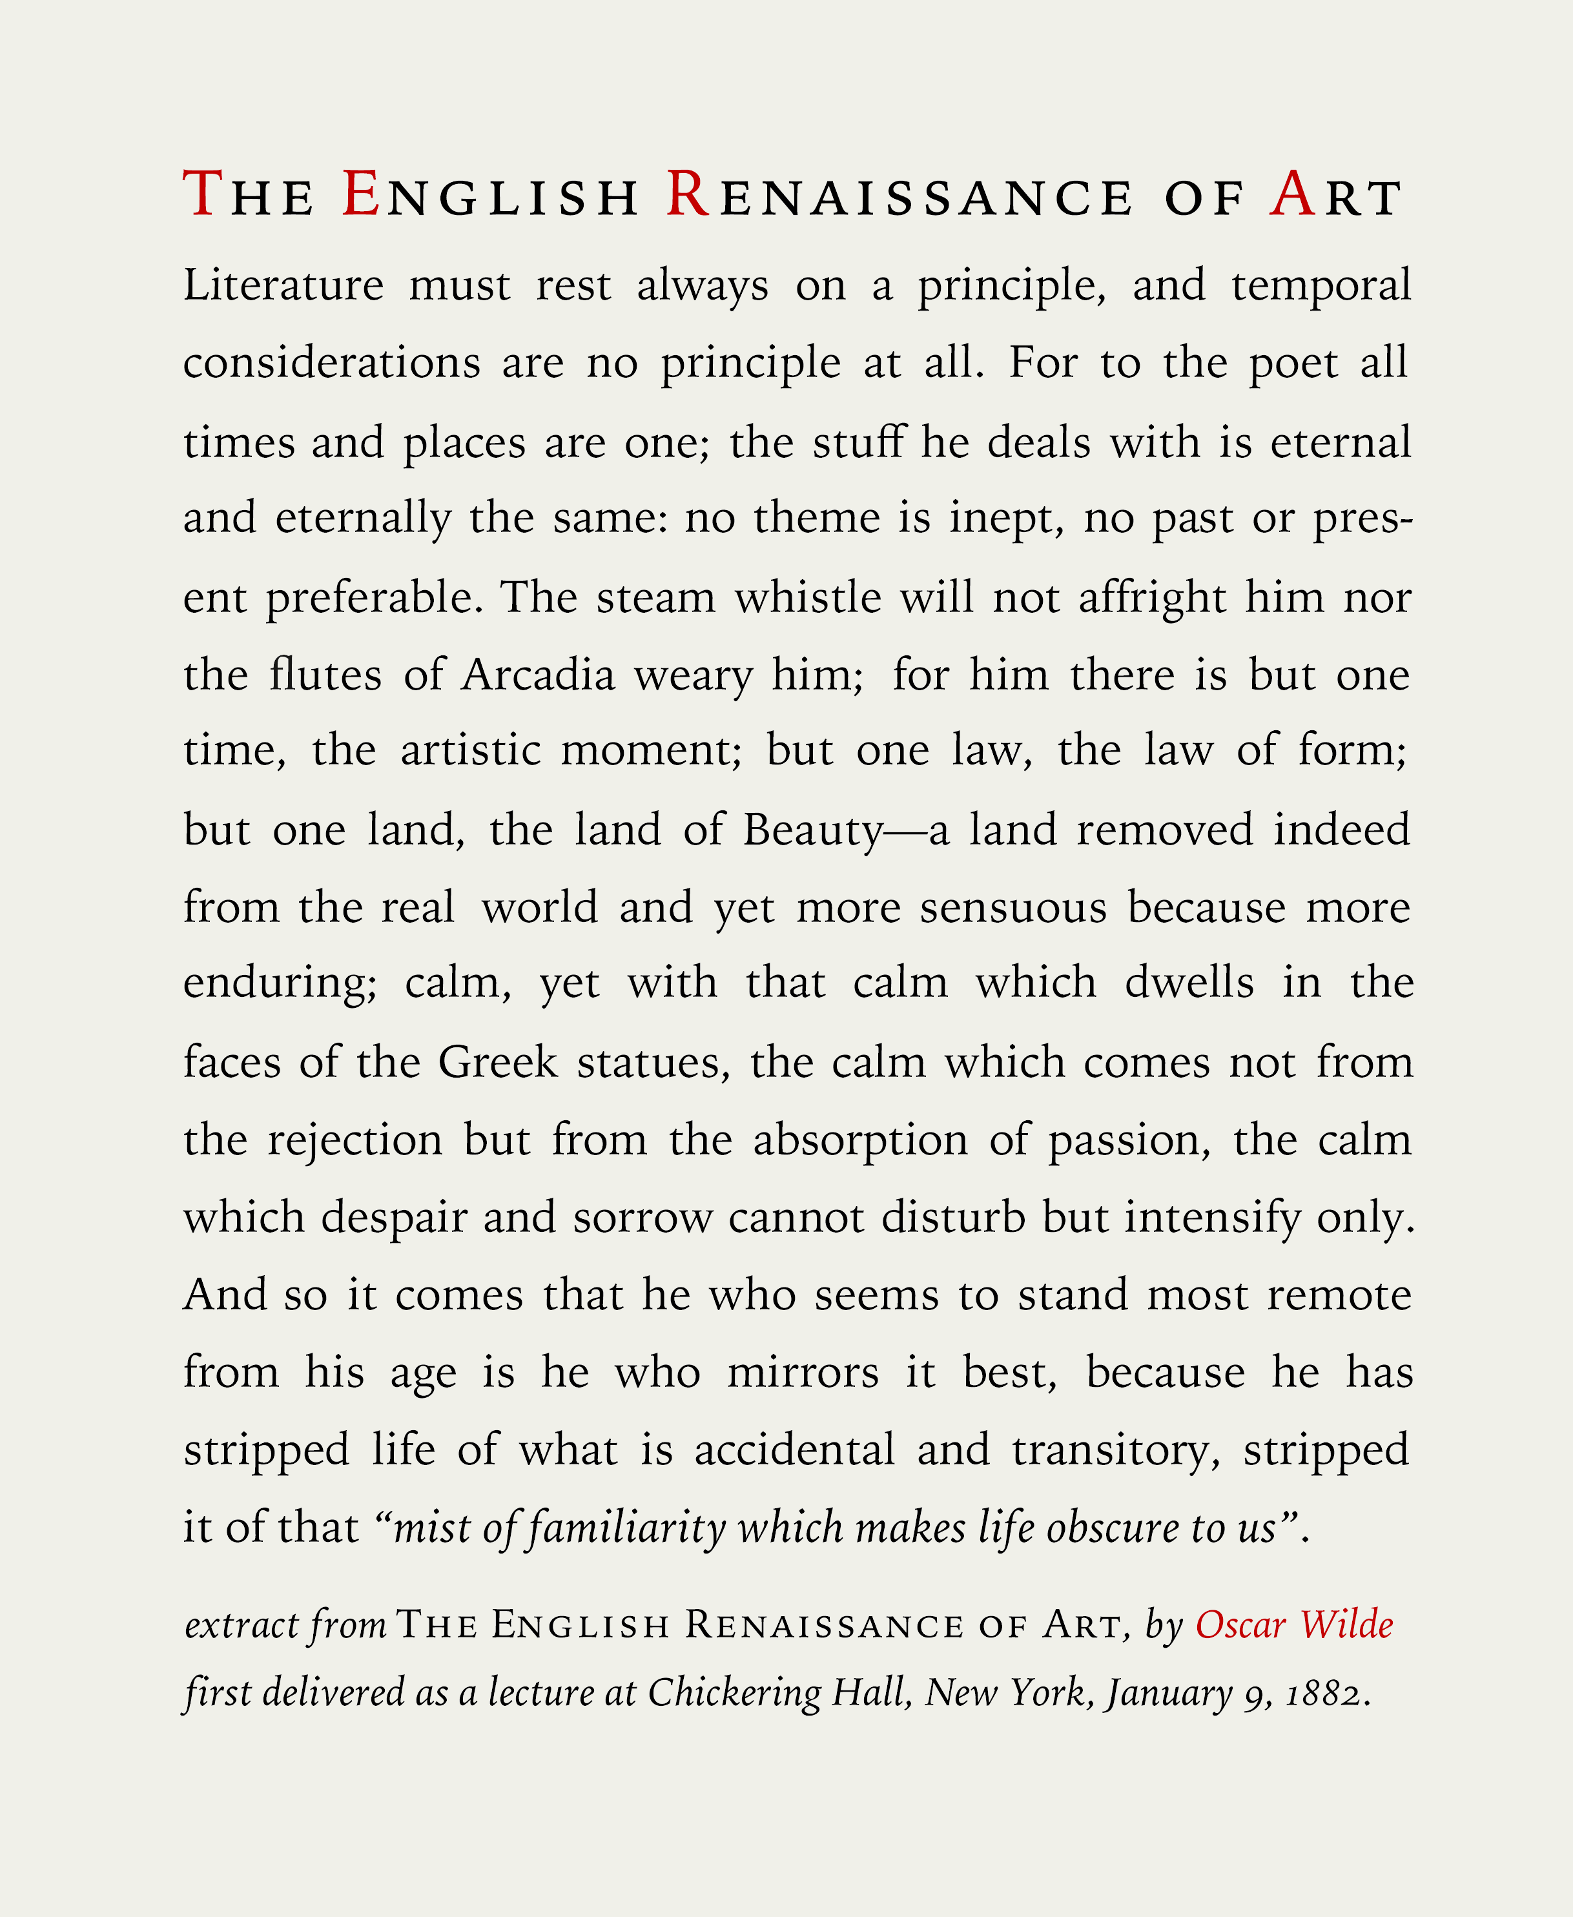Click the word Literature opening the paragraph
(x=283, y=285)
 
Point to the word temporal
(x=1320, y=285)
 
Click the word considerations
(x=332, y=364)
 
